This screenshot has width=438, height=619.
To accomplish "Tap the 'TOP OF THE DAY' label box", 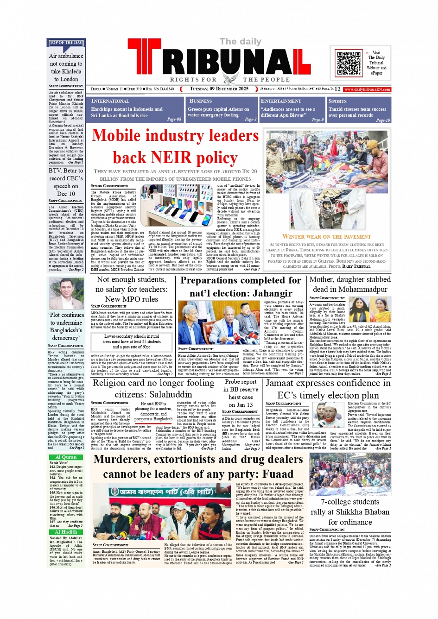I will pyautogui.click(x=66, y=43).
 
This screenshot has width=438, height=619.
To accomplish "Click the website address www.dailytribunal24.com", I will pyautogui.click(x=367, y=89).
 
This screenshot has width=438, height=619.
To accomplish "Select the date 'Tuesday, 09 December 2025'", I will pyautogui.click(x=219, y=89).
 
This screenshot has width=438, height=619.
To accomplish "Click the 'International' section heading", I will pyautogui.click(x=110, y=101).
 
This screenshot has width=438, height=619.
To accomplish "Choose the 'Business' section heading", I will pyautogui.click(x=201, y=101).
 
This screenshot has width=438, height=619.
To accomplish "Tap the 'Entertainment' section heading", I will pyautogui.click(x=281, y=101).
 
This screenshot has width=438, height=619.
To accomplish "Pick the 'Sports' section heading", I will pyautogui.click(x=337, y=101).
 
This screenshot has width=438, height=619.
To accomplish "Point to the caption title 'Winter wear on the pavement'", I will pyautogui.click(x=326, y=237).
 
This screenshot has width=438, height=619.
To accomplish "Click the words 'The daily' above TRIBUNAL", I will pyautogui.click(x=240, y=42).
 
